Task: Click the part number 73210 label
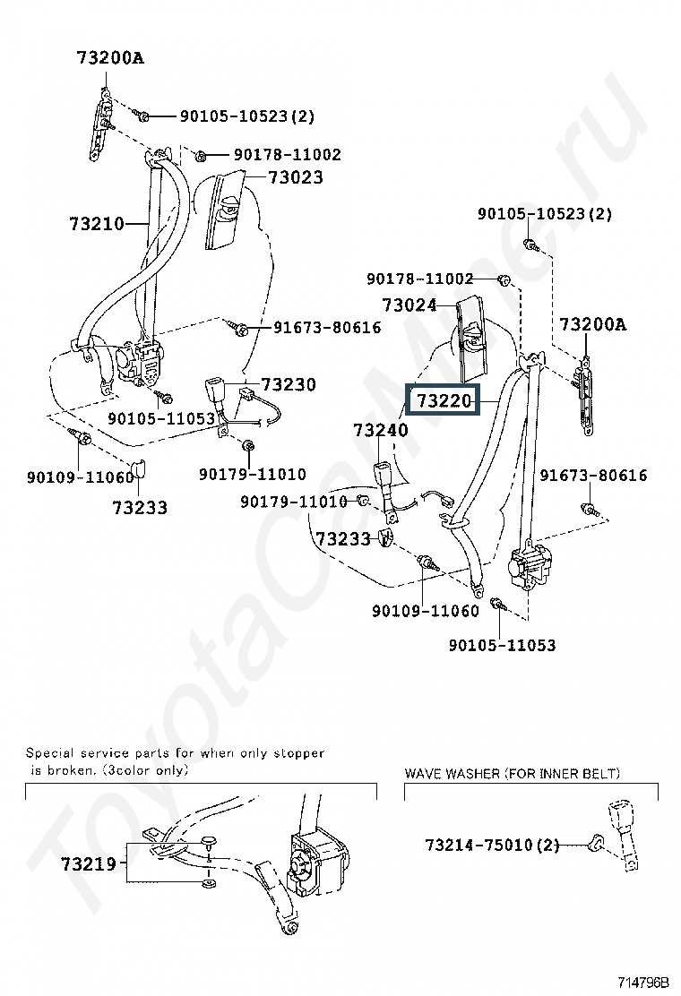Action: (x=97, y=224)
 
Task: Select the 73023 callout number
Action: (x=296, y=176)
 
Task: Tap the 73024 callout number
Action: (x=409, y=305)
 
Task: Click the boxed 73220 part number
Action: (x=444, y=400)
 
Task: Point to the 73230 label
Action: (x=289, y=384)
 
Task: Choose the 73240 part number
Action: (x=381, y=430)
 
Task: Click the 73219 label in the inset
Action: (x=89, y=863)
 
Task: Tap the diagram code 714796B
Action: (x=642, y=982)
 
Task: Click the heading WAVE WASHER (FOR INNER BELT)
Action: (x=512, y=773)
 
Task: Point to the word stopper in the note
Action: (x=299, y=753)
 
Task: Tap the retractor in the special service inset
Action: (x=315, y=863)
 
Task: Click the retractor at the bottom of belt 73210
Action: (x=140, y=363)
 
